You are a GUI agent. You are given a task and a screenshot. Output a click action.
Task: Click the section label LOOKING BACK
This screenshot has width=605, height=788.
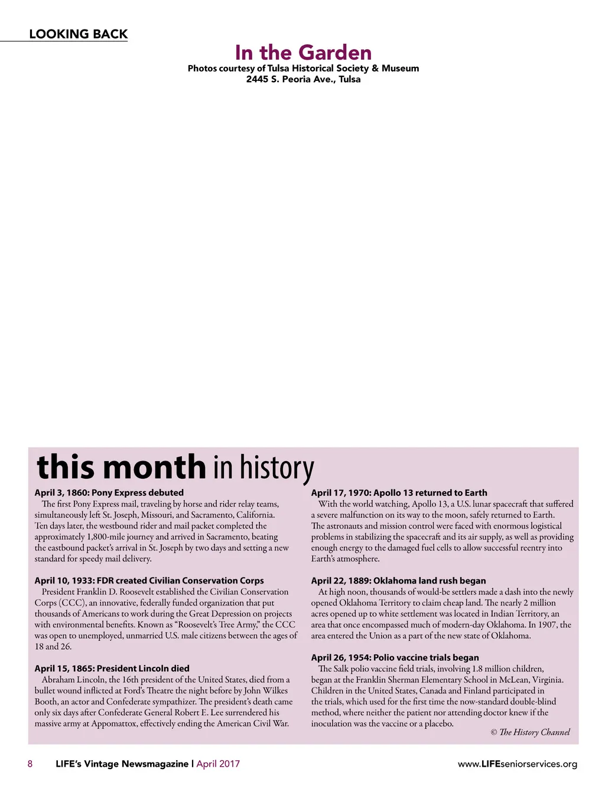pos(78,34)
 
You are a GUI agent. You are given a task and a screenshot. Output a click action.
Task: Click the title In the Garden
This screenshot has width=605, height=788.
pos(303,53)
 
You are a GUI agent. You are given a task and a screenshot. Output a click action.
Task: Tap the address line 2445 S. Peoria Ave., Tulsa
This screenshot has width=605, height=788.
pos(303,79)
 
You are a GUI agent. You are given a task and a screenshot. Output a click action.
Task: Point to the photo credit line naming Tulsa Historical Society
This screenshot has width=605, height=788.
pos(303,69)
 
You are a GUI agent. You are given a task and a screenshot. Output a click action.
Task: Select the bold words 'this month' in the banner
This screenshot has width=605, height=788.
pos(121,467)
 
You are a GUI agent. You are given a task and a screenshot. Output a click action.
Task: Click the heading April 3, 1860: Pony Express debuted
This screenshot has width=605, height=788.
pos(109,492)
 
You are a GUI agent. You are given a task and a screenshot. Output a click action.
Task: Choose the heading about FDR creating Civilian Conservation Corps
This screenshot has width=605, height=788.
pos(149,581)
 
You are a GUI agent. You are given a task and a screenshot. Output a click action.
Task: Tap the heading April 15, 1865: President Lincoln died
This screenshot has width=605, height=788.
pos(112,669)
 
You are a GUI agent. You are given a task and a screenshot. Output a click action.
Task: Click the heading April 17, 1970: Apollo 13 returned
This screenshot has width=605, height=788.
pos(399,492)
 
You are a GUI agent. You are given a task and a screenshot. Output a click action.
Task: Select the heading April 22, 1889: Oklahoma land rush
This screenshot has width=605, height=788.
pos(398,581)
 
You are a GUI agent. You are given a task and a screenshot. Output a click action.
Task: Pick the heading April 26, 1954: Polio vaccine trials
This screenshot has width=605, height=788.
pos(395,657)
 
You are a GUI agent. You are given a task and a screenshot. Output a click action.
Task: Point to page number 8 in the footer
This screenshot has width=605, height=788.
pos(30,764)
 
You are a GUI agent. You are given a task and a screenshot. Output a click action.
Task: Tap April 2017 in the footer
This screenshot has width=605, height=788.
pos(218,764)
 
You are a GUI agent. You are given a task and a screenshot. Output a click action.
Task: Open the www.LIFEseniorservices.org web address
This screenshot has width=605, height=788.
pos(517,764)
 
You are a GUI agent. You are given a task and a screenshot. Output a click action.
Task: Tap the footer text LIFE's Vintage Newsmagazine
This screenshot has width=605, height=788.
pos(122,764)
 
